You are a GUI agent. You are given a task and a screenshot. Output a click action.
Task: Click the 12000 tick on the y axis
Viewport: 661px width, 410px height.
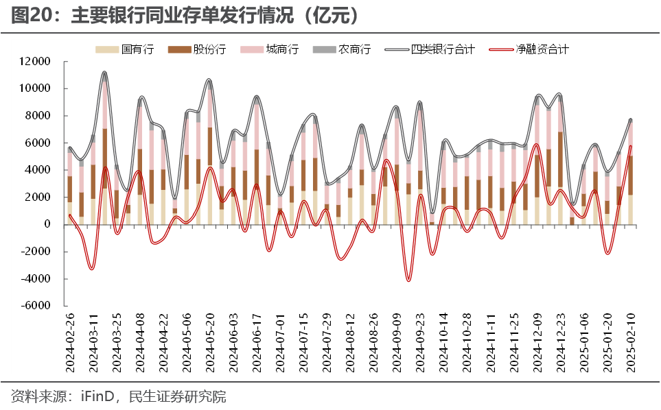point(36,62)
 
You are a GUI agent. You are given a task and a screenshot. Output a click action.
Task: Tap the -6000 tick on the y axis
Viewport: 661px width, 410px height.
point(36,306)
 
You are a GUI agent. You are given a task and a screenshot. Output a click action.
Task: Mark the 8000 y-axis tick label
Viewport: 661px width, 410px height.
point(38,116)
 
